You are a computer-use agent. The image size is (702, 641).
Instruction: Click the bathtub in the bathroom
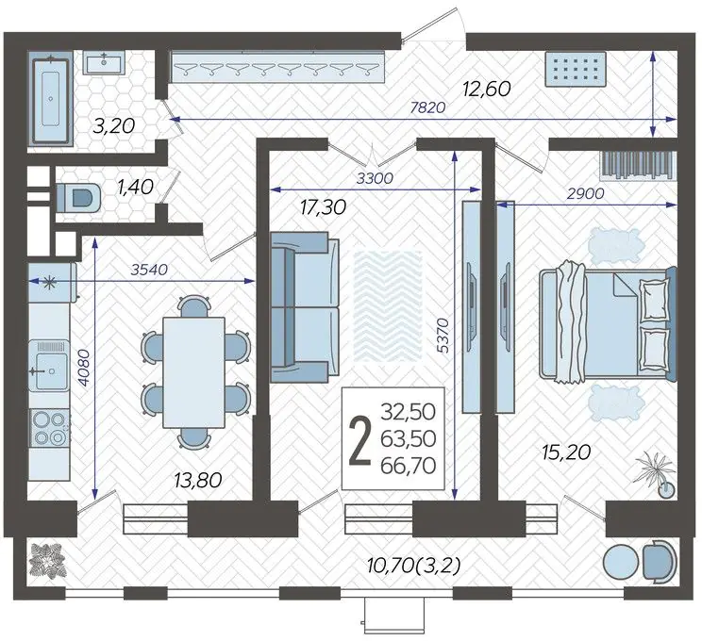51,98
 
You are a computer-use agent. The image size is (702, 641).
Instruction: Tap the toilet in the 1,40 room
78,197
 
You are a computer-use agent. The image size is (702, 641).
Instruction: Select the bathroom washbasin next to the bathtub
104,62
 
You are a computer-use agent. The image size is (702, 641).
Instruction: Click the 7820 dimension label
428,107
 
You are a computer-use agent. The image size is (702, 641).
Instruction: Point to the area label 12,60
487,89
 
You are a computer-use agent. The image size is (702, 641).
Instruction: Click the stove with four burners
49,428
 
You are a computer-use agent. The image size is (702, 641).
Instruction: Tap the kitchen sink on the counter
49,366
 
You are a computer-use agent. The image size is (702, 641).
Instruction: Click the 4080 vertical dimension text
84,368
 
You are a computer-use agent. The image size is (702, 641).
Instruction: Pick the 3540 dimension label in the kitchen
149,270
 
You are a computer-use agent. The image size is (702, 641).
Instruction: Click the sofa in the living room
305,307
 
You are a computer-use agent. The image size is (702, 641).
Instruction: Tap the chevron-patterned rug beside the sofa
388,306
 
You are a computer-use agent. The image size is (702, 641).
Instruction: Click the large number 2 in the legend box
359,439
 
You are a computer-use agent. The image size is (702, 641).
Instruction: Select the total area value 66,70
409,466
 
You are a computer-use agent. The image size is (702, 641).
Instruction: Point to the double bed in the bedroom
608,324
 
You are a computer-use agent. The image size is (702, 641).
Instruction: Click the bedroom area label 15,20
566,452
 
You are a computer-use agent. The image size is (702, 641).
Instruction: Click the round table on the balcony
621,562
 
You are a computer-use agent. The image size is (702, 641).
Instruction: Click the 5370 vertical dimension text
443,335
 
